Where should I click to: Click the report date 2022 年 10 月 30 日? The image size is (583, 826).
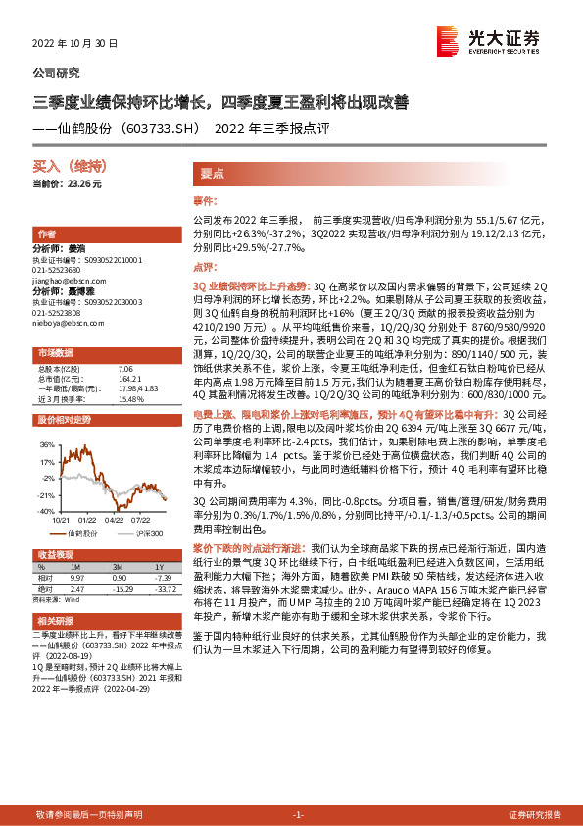tap(74, 44)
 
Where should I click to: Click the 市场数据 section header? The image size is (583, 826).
tap(55, 351)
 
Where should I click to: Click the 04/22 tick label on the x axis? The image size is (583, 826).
tap(115, 520)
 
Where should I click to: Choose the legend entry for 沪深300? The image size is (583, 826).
tap(146, 531)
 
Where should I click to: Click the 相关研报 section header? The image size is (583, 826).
tap(55, 620)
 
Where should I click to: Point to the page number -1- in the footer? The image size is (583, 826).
tap(298, 814)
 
